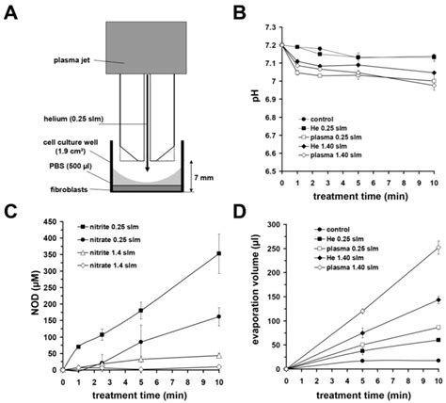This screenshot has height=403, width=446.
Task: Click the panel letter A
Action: (x=12, y=10)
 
